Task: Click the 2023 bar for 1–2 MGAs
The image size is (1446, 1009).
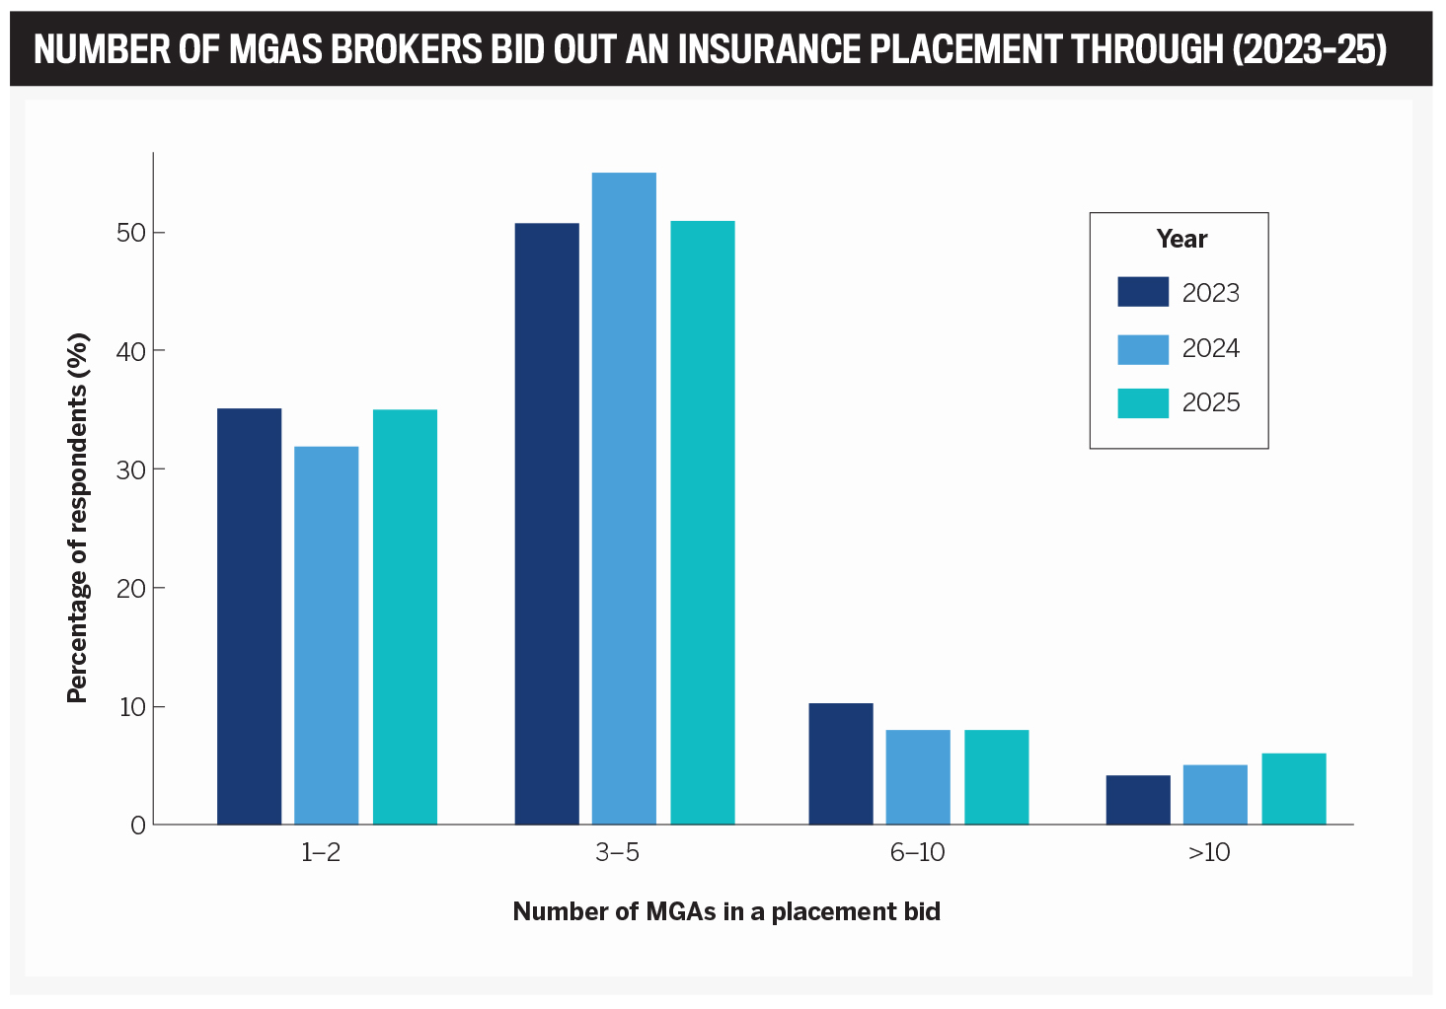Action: point(249,616)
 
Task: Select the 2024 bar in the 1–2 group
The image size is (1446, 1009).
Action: point(327,635)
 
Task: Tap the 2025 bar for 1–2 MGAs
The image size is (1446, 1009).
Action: point(405,616)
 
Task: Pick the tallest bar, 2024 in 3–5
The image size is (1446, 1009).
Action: point(624,498)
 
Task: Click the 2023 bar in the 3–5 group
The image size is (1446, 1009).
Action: point(547,524)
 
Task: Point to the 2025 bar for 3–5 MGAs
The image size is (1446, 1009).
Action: point(703,523)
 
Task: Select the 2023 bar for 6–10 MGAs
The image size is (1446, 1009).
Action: point(841,763)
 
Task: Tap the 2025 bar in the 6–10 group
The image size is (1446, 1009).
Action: point(997,777)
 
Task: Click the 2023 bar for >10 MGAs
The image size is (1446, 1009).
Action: point(1138,800)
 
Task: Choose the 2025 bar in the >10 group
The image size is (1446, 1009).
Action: point(1294,789)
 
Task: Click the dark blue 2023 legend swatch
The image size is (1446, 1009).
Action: point(1143,292)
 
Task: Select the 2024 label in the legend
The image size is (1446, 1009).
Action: point(1211,349)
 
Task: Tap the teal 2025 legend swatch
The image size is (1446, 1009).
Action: point(1143,403)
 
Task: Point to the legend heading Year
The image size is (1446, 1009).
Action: point(1181,240)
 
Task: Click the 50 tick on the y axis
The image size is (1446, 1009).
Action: point(131,233)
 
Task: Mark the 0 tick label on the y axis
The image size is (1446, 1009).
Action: point(138,826)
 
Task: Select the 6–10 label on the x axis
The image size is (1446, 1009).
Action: point(918,853)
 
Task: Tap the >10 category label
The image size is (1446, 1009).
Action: point(1209,853)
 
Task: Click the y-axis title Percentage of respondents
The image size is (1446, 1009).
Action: point(78,518)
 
